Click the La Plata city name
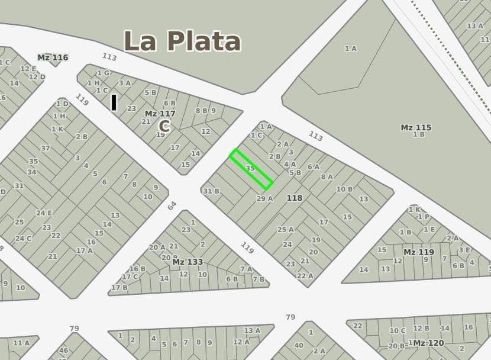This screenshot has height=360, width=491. click(x=182, y=41)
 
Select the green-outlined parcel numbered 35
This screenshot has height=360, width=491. click(x=251, y=169)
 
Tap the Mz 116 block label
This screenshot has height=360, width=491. click(x=53, y=57)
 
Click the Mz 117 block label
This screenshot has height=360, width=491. click(x=160, y=114)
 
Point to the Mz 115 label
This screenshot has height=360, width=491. click(x=416, y=127)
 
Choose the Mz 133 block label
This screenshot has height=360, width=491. click(x=188, y=262)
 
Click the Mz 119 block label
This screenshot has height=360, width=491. click(x=418, y=252)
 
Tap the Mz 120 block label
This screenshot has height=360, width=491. click(x=428, y=343)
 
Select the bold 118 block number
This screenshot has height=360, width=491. click(x=294, y=198)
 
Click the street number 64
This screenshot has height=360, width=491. click(x=172, y=205)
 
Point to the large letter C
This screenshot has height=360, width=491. click(x=164, y=126)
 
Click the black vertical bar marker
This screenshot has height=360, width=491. click(x=114, y=102)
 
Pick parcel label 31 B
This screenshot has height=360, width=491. click(x=211, y=191)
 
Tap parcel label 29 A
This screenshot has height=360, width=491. click(x=264, y=198)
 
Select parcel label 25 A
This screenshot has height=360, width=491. click(x=286, y=229)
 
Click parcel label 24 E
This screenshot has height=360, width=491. click(x=44, y=213)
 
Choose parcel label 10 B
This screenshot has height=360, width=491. click(x=344, y=189)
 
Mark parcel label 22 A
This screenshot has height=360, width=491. click(x=305, y=275)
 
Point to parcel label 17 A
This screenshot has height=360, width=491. click(x=84, y=250)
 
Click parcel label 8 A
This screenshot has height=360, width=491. click(x=327, y=176)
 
